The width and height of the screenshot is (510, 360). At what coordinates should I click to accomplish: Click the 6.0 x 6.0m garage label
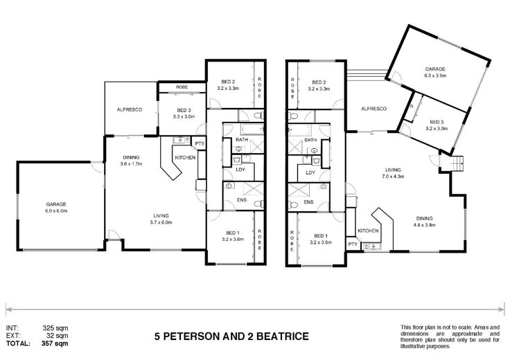click(56, 207)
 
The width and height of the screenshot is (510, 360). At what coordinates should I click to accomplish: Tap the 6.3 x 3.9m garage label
click(435, 72)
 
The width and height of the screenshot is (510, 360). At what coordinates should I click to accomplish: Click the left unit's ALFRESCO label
click(130, 110)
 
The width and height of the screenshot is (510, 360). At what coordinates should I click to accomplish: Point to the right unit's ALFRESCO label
click(373, 109)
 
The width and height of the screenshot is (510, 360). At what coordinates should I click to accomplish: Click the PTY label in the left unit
click(200, 143)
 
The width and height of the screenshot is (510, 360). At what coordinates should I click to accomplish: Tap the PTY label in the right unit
click(353, 244)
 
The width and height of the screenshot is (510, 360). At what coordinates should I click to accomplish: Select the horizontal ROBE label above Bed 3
click(182, 87)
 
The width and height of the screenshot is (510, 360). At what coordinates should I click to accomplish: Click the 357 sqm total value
click(55, 343)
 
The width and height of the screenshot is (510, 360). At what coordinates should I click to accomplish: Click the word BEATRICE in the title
click(283, 336)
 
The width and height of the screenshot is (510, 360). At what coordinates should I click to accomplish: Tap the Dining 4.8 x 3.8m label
click(424, 222)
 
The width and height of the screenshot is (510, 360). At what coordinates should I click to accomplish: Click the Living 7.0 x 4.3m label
click(393, 173)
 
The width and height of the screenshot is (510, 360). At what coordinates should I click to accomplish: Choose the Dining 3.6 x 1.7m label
click(131, 161)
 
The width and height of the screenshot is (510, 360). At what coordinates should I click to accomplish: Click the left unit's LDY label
click(240, 170)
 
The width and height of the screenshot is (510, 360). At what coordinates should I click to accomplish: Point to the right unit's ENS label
click(308, 202)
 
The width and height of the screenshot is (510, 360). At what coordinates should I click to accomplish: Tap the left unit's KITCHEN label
click(186, 158)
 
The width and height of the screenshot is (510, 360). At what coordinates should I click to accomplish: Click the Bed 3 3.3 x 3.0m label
click(184, 113)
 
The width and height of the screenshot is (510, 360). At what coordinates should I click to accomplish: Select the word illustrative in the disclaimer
click(413, 346)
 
